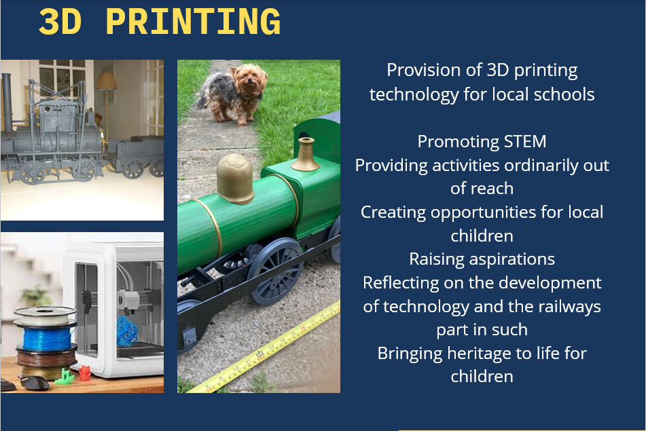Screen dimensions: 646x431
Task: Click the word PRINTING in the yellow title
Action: coord(193,22)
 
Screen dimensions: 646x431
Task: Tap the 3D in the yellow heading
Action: coord(60,22)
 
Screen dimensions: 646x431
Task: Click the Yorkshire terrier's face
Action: coord(248,81)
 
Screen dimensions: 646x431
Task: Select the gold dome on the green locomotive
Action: coord(235,179)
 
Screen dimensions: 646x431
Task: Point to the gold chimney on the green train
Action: coord(305,155)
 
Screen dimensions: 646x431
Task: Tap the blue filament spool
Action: coord(47,337)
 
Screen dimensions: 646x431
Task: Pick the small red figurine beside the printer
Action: coord(84,373)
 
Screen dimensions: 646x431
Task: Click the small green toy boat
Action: coord(64,377)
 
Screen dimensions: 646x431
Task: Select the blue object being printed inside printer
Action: coord(128,330)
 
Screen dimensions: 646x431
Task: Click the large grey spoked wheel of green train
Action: coord(275,271)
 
